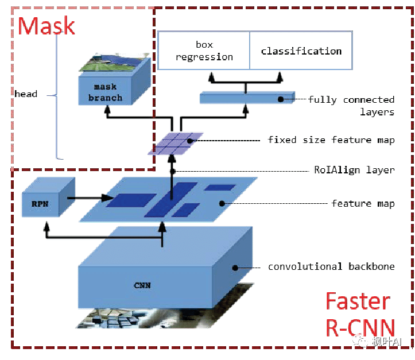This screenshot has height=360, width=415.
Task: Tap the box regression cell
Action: click(204, 51)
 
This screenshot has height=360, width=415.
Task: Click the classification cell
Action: click(301, 51)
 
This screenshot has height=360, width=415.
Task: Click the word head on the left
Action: click(26, 94)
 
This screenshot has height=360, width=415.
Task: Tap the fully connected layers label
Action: click(351, 106)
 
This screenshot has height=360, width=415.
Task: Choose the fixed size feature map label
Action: click(331, 140)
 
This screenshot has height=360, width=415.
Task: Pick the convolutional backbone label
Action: click(331, 266)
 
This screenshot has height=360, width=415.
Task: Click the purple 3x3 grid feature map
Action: click(175, 144)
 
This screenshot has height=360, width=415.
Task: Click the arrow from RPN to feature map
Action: click(88, 198)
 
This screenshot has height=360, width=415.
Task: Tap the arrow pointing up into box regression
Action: click(212, 77)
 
